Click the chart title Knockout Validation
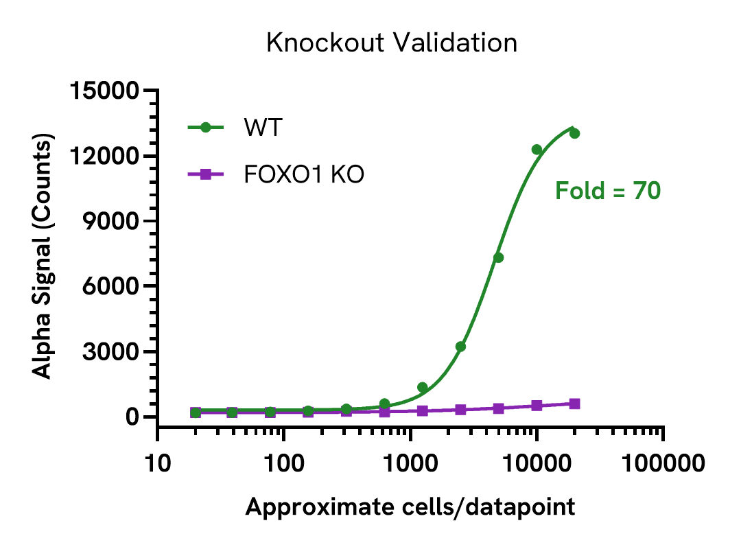point(391,43)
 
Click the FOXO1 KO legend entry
point(304,175)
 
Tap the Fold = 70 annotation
point(607,191)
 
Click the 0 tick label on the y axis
point(132,417)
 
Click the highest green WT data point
point(574,133)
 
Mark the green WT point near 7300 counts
point(498,257)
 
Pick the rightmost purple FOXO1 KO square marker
point(574,404)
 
